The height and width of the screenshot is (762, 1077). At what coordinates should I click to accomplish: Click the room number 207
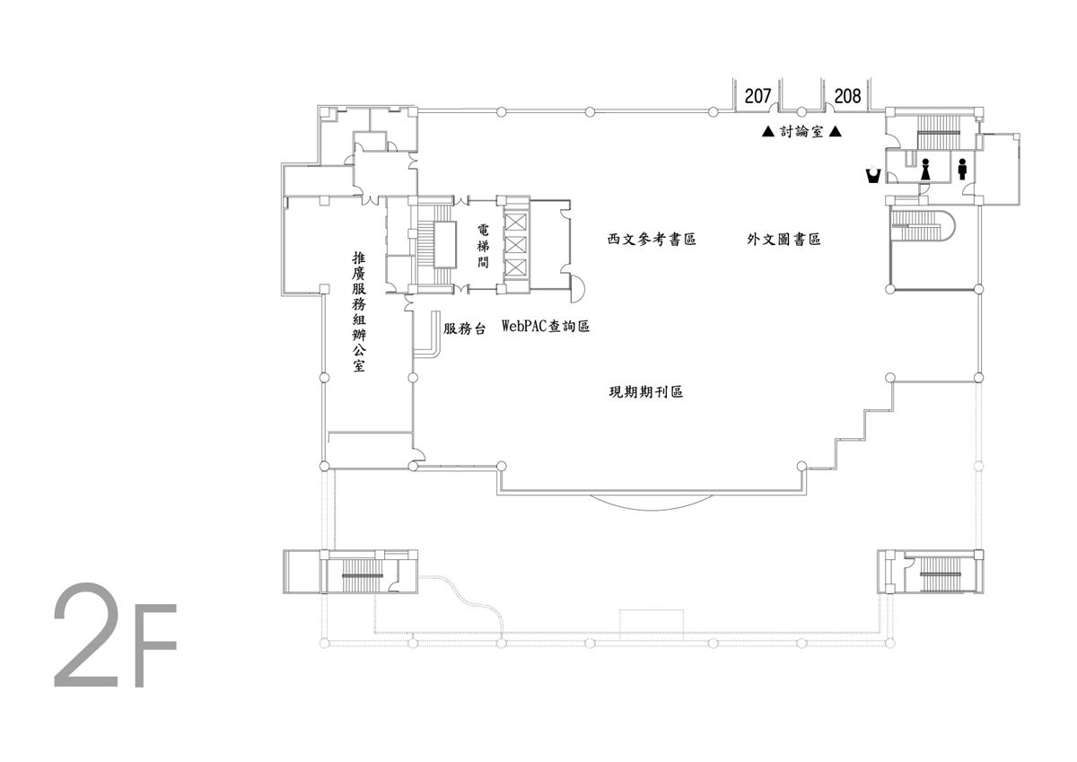757,96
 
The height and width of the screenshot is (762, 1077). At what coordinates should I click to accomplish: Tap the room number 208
847,96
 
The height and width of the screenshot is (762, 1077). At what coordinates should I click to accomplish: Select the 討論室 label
801,131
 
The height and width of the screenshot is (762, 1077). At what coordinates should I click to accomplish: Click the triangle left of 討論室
768,131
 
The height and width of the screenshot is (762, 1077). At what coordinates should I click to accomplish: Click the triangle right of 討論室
836,131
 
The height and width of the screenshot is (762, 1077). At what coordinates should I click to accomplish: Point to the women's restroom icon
925,170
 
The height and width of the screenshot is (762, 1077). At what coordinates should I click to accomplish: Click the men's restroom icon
962,170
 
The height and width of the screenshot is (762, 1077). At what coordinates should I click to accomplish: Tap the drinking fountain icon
873,174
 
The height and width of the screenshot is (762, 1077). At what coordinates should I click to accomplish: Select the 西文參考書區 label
652,239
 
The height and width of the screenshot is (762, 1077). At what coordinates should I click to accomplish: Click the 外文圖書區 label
784,239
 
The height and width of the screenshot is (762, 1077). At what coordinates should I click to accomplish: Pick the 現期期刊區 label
645,392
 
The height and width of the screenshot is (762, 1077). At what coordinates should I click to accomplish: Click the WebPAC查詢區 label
546,327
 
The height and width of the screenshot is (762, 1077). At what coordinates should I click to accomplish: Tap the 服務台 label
465,328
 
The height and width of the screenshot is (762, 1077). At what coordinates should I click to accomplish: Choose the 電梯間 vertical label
483,246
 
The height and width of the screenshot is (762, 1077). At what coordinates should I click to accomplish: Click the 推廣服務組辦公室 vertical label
359,312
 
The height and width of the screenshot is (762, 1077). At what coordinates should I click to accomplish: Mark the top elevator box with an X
515,223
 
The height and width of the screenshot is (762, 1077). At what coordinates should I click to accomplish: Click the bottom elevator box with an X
515,267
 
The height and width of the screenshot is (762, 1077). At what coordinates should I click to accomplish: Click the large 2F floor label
116,635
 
